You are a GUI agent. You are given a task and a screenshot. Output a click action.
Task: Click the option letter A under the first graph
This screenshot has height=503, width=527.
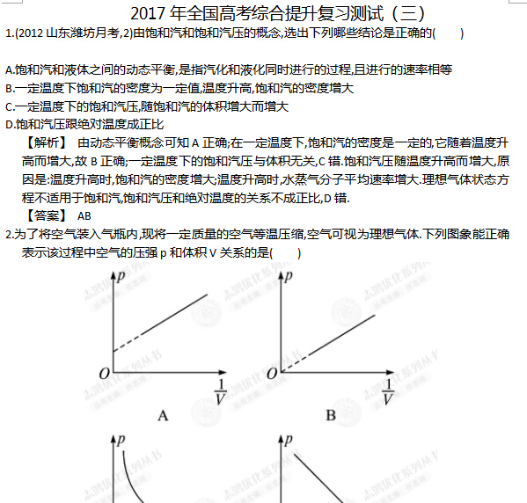(163, 414)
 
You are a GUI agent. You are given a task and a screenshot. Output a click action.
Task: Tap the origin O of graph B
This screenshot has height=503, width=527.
(271, 374)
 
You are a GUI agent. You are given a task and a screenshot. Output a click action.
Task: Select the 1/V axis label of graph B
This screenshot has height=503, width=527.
(388, 392)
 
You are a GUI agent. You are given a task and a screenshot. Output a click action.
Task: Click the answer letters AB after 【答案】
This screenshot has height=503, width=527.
(84, 215)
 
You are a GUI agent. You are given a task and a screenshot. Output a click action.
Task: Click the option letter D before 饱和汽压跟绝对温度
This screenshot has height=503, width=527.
(9, 124)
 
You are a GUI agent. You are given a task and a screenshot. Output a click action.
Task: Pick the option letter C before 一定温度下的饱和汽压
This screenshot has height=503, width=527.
(9, 106)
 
